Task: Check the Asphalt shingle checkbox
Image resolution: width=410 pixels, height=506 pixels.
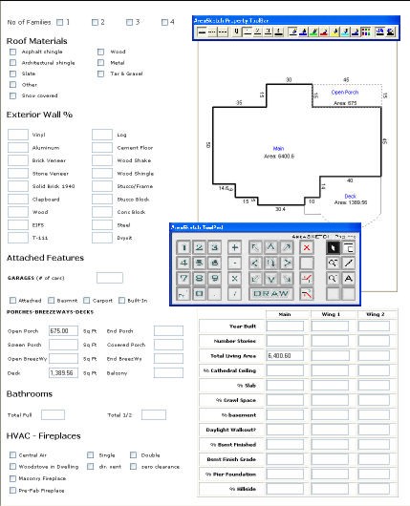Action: [13, 52]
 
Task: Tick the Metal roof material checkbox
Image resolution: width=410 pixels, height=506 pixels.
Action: [100, 63]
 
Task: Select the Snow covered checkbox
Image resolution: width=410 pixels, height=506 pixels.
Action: [13, 95]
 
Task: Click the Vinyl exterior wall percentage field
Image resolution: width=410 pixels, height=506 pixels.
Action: [18, 136]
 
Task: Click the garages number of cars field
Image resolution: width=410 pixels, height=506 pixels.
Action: [109, 278]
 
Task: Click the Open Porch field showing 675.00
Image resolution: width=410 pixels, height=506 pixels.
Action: [62, 331]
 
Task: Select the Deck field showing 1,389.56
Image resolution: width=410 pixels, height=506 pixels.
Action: [62, 373]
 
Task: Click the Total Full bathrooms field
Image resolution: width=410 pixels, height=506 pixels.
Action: [54, 415]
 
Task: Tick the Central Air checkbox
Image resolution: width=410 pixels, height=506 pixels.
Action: [13, 455]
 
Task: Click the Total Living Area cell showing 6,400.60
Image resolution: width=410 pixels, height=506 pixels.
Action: [284, 354]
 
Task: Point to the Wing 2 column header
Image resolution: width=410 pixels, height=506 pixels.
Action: [375, 313]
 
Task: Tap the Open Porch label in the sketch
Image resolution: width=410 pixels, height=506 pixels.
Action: [344, 93]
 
